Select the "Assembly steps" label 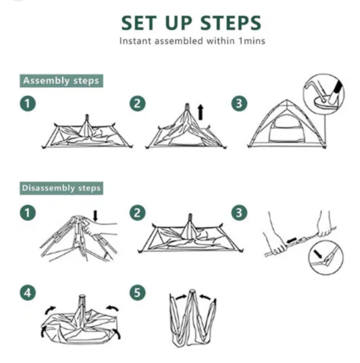(61, 81)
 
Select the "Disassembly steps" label (61, 188)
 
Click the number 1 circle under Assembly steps (28, 104)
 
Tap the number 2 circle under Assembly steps (137, 104)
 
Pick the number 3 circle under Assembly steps (239, 104)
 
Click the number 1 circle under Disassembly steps (28, 213)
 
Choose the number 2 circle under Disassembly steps (137, 213)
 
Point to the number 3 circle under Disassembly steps (239, 213)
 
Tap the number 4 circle (28, 293)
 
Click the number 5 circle (137, 293)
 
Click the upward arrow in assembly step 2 (201, 112)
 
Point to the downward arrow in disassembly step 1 (95, 216)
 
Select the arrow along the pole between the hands (292, 240)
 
